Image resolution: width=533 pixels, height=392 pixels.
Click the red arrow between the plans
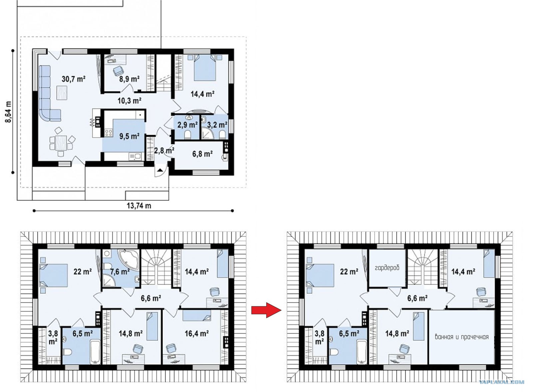[x=266, y=310]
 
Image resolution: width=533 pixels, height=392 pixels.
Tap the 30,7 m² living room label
[x=74, y=79]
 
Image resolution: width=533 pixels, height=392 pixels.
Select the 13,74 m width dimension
[x=139, y=206]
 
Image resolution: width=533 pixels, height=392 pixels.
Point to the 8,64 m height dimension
[x=8, y=112]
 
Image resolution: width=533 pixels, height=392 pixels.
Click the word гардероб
[x=387, y=268]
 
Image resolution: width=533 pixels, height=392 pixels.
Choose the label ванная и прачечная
[x=462, y=337]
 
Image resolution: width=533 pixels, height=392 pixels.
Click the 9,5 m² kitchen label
[x=130, y=136]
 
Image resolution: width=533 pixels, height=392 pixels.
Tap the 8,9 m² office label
[x=130, y=79]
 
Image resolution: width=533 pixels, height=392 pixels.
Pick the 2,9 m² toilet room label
[x=188, y=125]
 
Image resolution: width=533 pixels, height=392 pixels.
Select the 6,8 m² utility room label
[x=203, y=154]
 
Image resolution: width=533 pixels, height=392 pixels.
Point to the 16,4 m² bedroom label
[x=197, y=333]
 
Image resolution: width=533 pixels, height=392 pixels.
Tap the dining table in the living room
[x=61, y=143]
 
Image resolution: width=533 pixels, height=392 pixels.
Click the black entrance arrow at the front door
[x=160, y=170]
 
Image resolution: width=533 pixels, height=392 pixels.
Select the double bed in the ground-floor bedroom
[x=205, y=68]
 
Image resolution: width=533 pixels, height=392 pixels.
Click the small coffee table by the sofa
[x=62, y=93]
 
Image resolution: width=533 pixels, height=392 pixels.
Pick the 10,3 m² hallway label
[x=130, y=101]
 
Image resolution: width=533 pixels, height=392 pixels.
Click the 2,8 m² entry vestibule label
[x=164, y=150]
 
